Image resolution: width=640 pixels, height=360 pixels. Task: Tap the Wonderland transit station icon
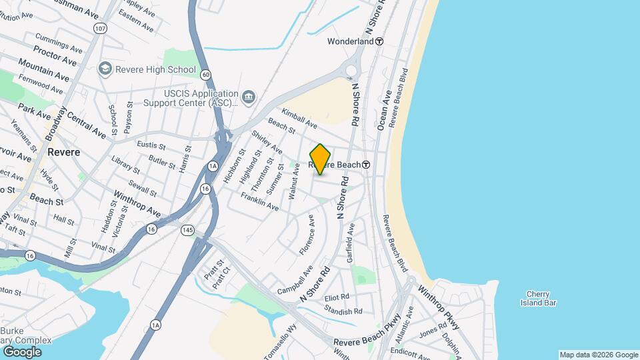point(379,41)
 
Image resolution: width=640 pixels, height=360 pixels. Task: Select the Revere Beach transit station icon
point(367,165)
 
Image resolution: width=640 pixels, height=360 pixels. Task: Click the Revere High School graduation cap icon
point(105,69)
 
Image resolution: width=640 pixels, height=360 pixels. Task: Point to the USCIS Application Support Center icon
point(248,98)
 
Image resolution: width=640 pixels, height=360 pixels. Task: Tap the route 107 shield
point(100,29)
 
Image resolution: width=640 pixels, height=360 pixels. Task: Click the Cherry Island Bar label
point(538,298)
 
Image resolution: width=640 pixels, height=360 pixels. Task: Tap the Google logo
point(22,351)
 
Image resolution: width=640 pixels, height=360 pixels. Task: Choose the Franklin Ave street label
point(259,202)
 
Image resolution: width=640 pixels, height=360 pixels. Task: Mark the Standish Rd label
point(343,311)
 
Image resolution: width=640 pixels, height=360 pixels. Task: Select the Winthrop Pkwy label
point(439,308)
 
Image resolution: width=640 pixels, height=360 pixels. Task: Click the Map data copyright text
point(598,355)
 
